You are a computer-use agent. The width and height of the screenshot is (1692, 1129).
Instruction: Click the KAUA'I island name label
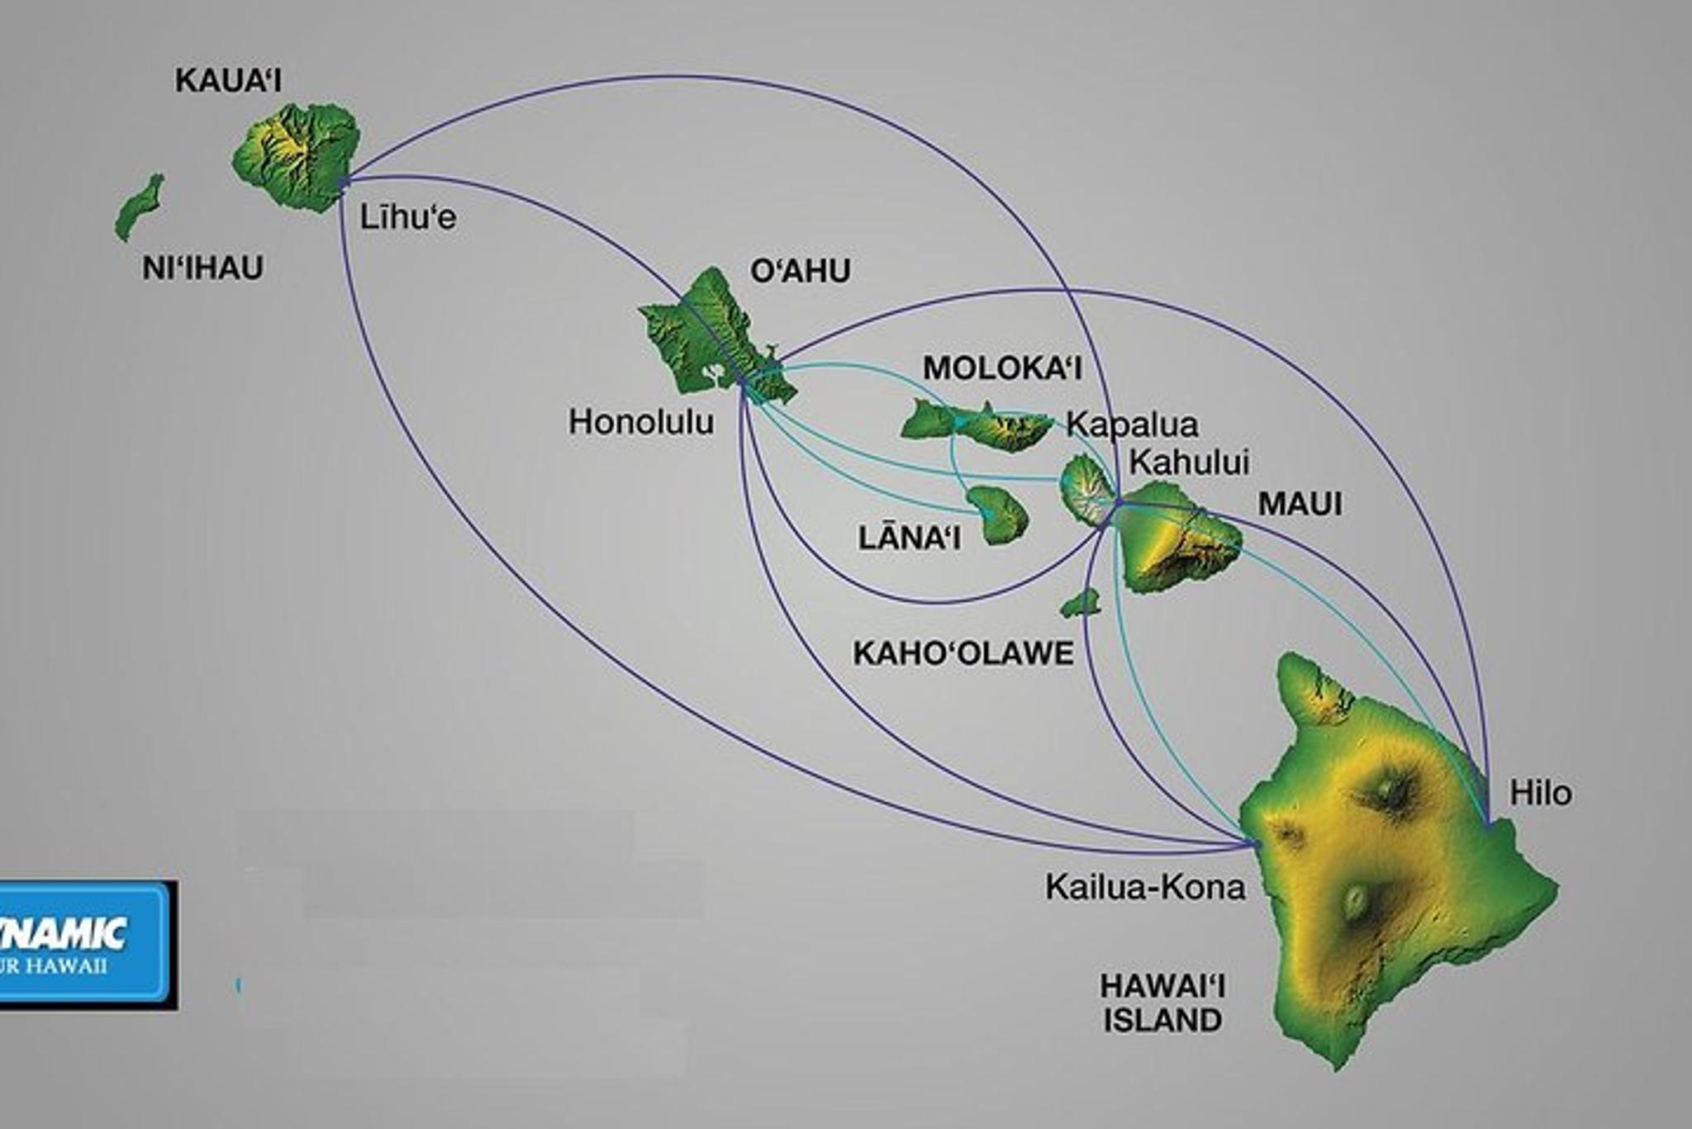229,81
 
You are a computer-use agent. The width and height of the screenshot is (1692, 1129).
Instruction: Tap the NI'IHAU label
202,268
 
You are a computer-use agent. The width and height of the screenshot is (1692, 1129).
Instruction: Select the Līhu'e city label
407,217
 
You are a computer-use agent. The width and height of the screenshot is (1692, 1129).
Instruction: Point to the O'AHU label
800,271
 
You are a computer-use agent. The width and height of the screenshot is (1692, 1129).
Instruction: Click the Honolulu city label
641,423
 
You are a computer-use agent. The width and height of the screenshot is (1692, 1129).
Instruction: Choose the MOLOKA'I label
1002,368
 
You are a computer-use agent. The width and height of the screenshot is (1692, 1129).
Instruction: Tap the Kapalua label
1132,425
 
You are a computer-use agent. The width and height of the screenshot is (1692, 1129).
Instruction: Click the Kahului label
1189,462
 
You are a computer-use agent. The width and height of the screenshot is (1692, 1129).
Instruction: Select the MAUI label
1300,504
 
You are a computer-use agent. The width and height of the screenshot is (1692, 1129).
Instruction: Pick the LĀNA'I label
909,538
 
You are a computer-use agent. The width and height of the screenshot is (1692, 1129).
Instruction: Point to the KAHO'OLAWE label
963,653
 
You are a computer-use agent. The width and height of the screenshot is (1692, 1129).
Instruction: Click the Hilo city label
1541,793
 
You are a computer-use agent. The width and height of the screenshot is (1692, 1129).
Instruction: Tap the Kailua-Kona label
1145,887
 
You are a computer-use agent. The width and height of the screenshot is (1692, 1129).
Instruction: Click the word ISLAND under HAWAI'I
1162,1021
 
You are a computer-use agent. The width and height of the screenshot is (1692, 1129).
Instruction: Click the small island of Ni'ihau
139,207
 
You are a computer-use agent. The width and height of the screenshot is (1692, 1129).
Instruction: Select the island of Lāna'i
999,515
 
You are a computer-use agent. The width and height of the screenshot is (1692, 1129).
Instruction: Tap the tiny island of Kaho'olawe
1081,604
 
